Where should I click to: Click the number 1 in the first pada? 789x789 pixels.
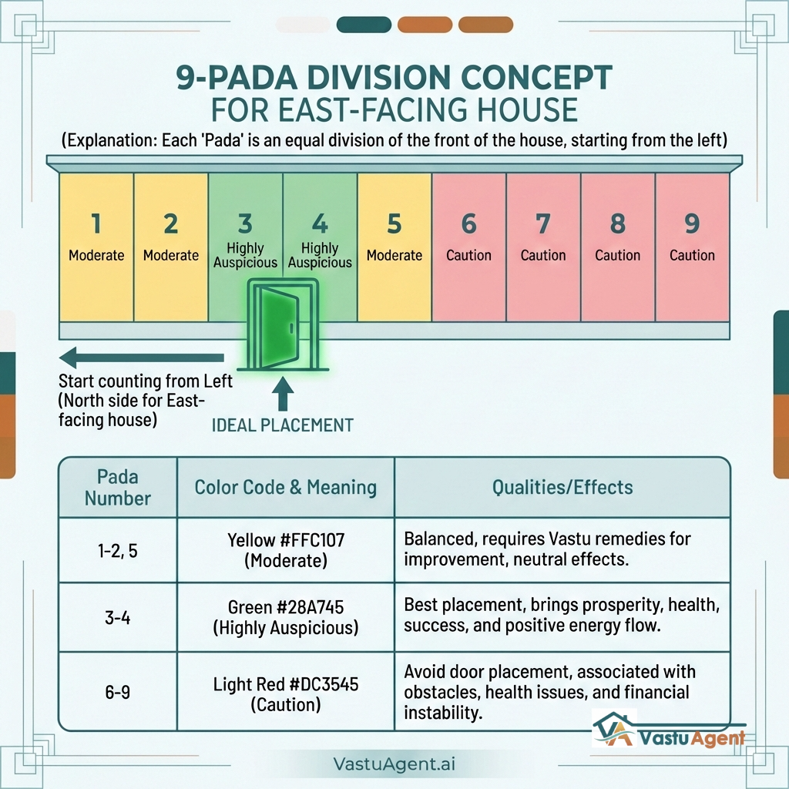click(96, 224)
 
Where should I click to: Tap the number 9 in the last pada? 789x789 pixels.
click(692, 223)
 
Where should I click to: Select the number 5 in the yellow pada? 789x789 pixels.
click(394, 224)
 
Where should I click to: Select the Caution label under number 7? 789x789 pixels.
click(543, 255)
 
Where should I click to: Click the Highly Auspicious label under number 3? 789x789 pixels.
click(245, 255)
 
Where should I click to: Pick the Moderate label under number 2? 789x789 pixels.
click(171, 255)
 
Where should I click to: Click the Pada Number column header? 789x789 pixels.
click(118, 486)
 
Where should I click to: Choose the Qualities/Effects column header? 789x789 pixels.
click(562, 487)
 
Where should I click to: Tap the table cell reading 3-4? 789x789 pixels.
click(118, 618)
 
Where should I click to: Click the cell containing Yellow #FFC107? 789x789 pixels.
click(285, 550)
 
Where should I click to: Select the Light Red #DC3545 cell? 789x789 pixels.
click(285, 693)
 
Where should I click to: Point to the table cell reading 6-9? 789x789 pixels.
click(118, 692)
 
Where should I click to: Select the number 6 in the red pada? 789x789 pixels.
click(468, 224)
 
